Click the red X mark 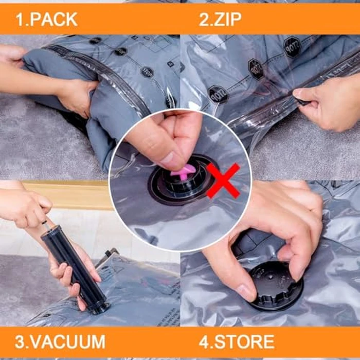pos(223,180)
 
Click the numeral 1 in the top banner pos(20,20)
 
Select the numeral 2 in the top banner pos(204,20)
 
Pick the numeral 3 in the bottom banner pos(20,341)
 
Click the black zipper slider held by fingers pos(302,101)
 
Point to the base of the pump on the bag pos(97,308)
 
